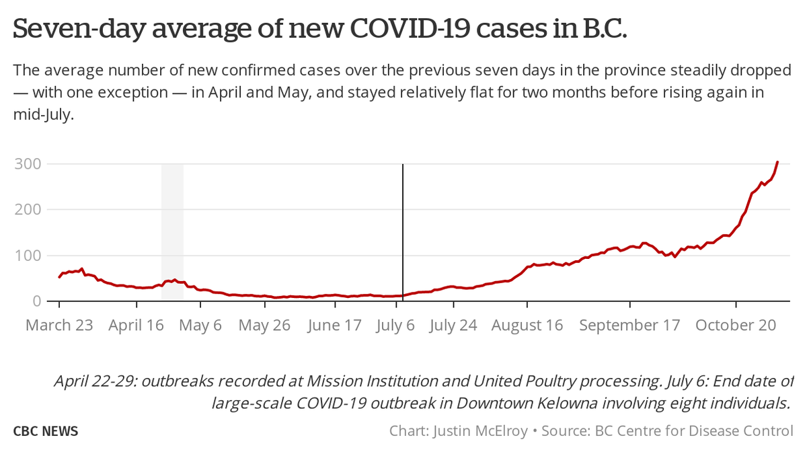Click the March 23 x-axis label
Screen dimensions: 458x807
(x=59, y=326)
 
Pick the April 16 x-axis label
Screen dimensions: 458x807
(x=137, y=326)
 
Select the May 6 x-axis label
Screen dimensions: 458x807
(x=201, y=326)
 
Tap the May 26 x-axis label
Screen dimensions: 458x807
(x=264, y=326)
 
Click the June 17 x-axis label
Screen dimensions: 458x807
(x=334, y=326)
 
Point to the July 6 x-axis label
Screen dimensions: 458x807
(x=397, y=326)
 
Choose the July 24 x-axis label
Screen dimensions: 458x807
(x=453, y=326)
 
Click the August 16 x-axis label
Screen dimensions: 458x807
(x=527, y=326)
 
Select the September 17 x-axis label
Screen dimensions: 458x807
(x=630, y=326)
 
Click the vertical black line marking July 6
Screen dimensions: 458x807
(x=402, y=229)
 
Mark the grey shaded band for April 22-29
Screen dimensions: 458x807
(x=172, y=229)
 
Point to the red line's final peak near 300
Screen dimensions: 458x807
(x=777, y=162)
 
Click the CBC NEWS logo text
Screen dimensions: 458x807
(x=46, y=431)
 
